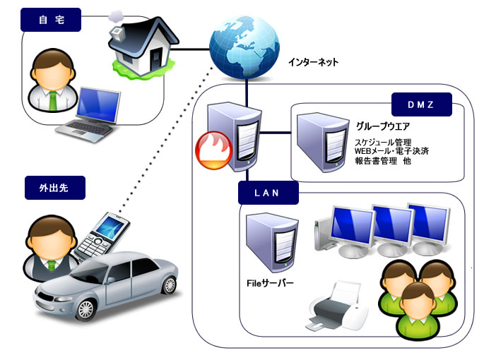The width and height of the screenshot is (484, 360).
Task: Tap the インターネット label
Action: pyautogui.click(x=313, y=62)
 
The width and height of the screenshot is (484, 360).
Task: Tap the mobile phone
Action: pyautogui.click(x=102, y=236)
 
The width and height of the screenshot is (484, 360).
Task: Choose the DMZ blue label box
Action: pyautogui.click(x=421, y=105)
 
